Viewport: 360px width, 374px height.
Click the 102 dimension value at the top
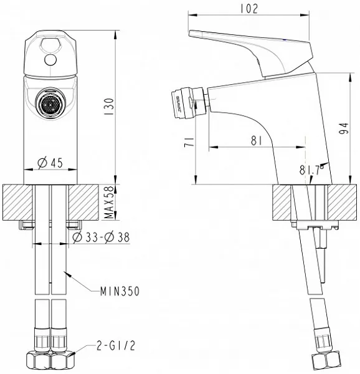(x=249, y=9)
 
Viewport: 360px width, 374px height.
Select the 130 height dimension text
(x=110, y=107)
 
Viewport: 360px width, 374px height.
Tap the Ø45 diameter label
(x=50, y=163)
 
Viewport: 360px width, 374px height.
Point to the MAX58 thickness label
(x=109, y=203)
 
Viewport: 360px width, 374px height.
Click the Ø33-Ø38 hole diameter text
(x=101, y=237)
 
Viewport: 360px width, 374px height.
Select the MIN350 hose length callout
(x=120, y=291)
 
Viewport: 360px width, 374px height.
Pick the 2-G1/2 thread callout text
(x=116, y=345)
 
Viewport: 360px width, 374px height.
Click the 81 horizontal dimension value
(x=257, y=141)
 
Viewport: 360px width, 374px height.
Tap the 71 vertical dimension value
(x=189, y=142)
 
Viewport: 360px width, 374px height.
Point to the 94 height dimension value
(x=344, y=128)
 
